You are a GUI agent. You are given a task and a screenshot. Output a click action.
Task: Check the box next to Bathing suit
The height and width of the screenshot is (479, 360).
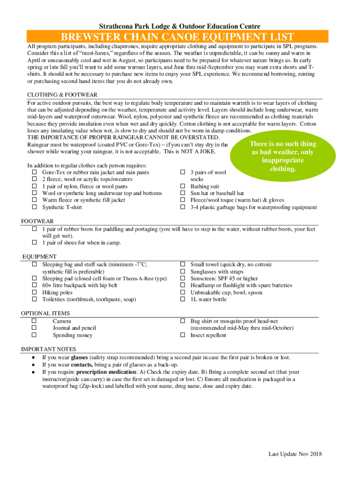point(183,186)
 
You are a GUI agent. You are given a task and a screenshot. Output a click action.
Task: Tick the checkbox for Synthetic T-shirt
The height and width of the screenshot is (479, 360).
point(35,207)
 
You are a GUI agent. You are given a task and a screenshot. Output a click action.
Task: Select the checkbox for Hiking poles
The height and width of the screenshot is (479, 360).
point(35,292)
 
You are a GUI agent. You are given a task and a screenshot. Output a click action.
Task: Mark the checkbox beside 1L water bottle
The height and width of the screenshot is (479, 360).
point(183,299)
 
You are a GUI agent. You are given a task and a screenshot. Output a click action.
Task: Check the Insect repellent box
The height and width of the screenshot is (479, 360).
point(183,335)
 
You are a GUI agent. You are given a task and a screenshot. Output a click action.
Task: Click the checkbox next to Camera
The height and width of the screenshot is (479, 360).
point(35,321)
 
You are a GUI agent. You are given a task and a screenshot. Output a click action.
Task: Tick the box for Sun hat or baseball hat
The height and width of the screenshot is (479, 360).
point(183,193)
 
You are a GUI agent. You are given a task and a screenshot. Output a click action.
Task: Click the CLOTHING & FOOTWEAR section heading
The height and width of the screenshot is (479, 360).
point(62,95)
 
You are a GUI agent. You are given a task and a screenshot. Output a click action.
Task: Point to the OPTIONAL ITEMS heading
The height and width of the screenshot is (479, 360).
point(45,313)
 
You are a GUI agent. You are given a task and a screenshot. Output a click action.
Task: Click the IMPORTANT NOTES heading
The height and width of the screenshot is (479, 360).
point(47,349)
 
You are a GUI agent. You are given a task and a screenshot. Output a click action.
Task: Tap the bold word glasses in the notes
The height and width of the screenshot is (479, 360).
point(79,357)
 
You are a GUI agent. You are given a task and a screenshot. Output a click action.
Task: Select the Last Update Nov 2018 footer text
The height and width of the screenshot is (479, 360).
point(295,454)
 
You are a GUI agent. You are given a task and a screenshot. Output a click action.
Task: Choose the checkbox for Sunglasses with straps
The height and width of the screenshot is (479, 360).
point(183,272)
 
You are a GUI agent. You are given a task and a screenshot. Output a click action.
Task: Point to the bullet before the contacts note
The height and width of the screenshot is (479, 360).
point(33,365)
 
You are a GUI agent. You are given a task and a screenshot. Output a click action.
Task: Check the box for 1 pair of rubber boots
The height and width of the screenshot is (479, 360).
point(35,229)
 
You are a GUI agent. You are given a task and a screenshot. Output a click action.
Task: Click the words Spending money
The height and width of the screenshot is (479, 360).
point(72,335)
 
